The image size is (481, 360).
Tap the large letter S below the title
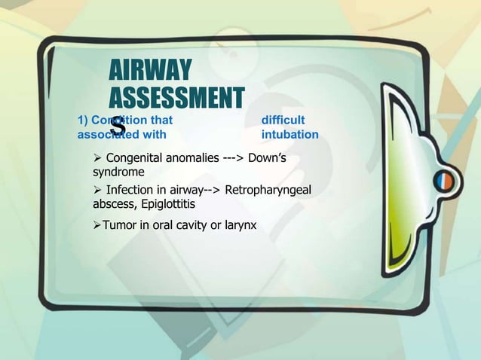pyautogui.click(x=118, y=129)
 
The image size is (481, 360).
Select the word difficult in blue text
pyautogui.click(x=283, y=120)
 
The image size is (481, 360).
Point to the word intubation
pyautogui.click(x=290, y=135)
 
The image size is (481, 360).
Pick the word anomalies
pyautogui.click(x=198, y=158)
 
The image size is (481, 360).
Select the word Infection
pyautogui.click(x=132, y=189)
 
